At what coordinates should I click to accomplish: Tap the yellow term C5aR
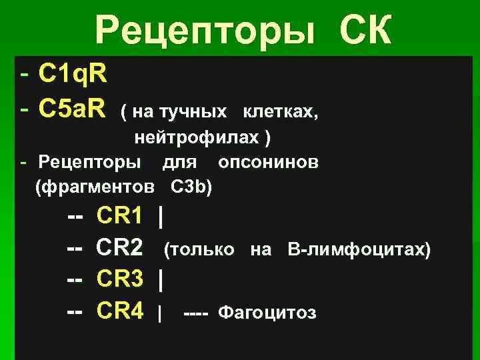click(73, 107)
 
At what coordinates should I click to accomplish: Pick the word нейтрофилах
click(197, 137)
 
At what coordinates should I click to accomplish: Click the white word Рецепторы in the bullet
click(90, 162)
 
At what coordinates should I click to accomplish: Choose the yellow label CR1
click(120, 216)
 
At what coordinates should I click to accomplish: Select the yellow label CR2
click(120, 249)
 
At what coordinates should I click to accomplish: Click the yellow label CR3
click(120, 280)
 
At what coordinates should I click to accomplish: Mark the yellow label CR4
click(120, 311)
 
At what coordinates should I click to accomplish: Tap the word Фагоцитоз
click(267, 313)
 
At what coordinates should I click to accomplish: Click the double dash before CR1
click(75, 216)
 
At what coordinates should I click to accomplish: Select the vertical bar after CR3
click(160, 280)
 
